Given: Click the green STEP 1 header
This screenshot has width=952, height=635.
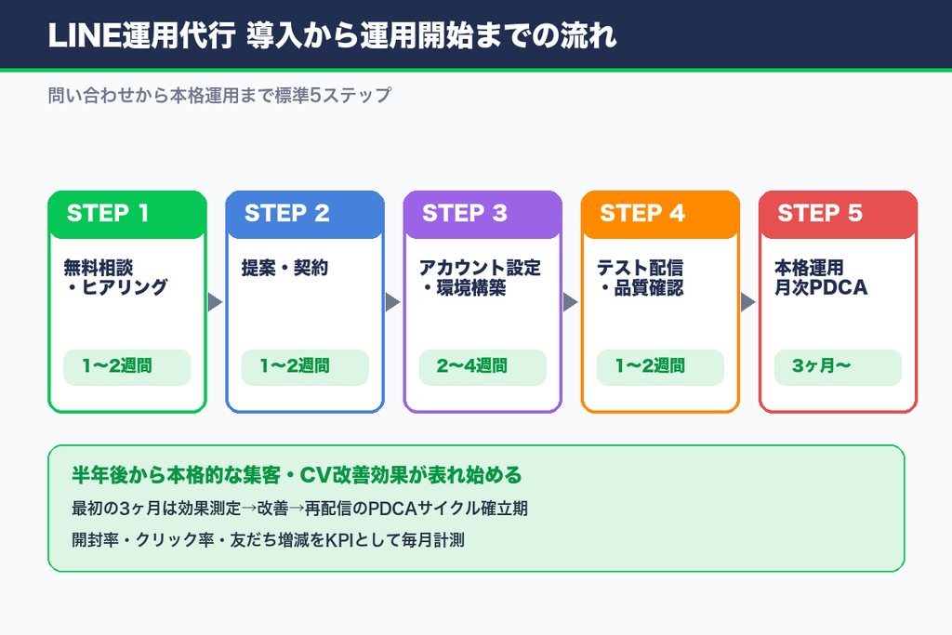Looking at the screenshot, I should (x=126, y=214).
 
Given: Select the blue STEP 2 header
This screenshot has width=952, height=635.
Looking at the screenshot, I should (x=304, y=214).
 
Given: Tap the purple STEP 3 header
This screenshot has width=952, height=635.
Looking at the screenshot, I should (x=482, y=214).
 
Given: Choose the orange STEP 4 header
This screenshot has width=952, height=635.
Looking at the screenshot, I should (x=659, y=214).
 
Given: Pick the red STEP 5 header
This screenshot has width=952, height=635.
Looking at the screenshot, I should (x=837, y=214).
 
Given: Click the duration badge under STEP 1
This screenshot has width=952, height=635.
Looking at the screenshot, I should (x=126, y=366).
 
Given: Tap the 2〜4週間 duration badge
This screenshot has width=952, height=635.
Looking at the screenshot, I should (x=482, y=366).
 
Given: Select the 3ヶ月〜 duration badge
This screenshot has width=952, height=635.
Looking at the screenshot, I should (x=837, y=366).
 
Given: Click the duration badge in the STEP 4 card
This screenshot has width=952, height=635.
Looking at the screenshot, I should (x=659, y=366).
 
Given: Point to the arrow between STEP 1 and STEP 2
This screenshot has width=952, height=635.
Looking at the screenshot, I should (x=215, y=302).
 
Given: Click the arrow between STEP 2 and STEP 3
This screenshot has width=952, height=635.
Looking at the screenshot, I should (x=392, y=302).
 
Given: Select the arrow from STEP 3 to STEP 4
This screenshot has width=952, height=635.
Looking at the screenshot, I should (x=570, y=302).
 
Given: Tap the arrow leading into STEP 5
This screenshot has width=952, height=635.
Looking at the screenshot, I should (x=747, y=302).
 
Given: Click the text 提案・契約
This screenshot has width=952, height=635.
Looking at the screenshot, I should (x=284, y=269).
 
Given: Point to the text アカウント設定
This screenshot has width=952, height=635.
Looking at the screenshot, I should (x=480, y=269).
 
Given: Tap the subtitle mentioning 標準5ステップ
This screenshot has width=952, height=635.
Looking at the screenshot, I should (x=219, y=96).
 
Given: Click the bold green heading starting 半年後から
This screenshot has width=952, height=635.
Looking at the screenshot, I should (x=297, y=475).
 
